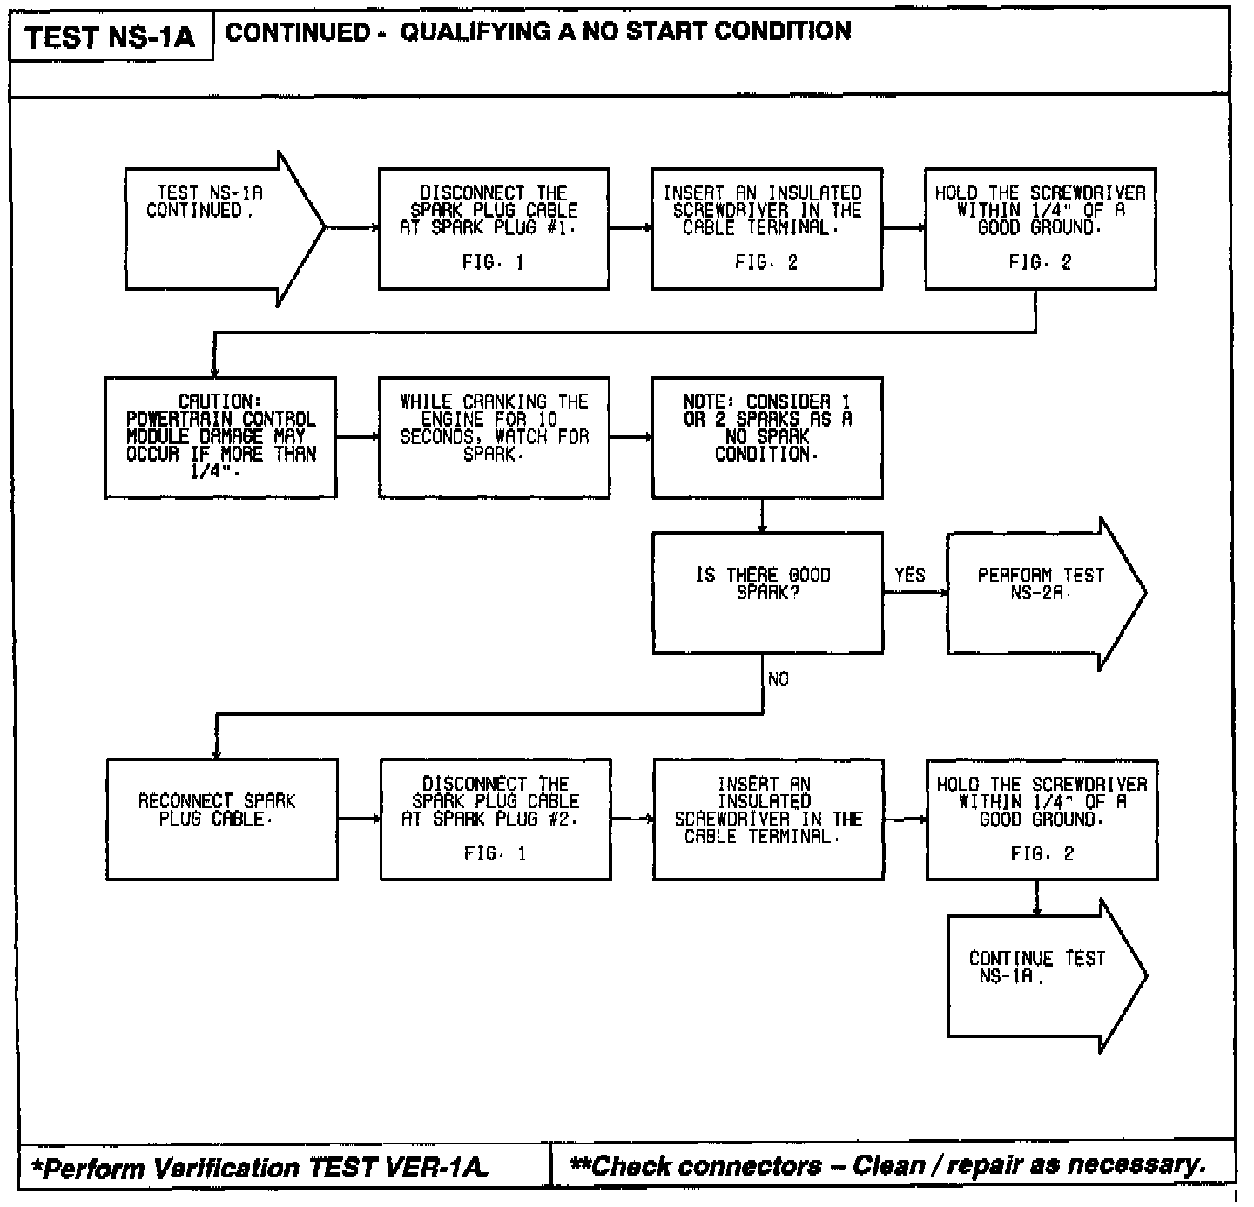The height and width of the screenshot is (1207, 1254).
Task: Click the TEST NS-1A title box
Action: click(x=111, y=37)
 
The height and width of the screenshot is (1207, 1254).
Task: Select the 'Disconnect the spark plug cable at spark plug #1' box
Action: click(x=493, y=228)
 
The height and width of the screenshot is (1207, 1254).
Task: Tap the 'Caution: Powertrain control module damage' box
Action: click(x=220, y=437)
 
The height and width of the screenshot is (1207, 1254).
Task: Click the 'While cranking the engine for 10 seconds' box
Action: click(x=493, y=437)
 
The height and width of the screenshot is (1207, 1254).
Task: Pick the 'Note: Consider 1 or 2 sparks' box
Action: click(x=767, y=437)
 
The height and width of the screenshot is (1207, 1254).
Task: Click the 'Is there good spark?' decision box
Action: click(x=767, y=593)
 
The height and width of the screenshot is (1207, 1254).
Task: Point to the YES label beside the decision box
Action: click(x=910, y=575)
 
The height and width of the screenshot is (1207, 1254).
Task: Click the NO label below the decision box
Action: click(x=779, y=679)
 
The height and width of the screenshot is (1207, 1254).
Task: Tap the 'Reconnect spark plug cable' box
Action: click(x=221, y=819)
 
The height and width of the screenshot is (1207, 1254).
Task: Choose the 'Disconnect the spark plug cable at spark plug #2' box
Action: click(x=495, y=819)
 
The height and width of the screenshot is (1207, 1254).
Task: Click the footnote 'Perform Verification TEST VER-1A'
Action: click(x=260, y=1168)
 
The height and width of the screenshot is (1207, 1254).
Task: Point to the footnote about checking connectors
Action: click(x=888, y=1165)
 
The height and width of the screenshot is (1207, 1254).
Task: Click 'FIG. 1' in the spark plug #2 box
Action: click(x=495, y=854)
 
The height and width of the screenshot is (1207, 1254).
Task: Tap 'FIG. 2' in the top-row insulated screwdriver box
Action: click(x=766, y=263)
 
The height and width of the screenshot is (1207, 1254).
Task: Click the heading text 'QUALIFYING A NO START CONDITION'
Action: click(x=625, y=32)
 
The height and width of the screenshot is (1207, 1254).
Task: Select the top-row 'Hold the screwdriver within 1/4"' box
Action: click(x=1041, y=228)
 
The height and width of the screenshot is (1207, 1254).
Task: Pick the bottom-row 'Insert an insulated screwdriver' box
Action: click(x=767, y=819)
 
